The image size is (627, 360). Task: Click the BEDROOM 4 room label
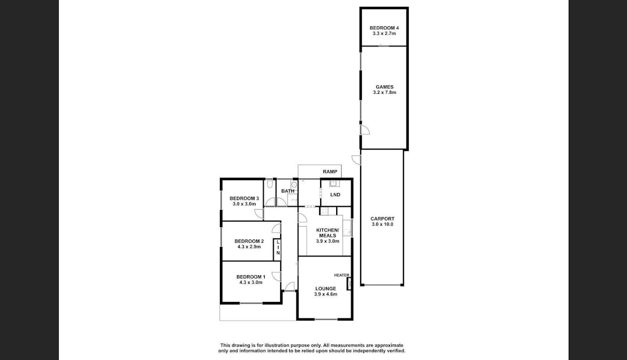[x=384, y=28]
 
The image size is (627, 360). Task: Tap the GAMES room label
[x=384, y=87]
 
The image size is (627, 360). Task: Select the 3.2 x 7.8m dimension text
[x=384, y=92]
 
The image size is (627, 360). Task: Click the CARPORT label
[x=382, y=219]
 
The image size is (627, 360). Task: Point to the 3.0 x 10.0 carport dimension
[x=382, y=224]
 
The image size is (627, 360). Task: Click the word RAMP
[x=330, y=171]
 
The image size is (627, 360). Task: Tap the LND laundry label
[x=335, y=195]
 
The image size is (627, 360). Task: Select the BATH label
[x=288, y=191]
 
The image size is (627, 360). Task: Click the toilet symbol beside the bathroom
[x=270, y=183]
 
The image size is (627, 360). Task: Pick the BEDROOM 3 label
[x=244, y=198]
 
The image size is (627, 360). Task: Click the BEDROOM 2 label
[x=249, y=241]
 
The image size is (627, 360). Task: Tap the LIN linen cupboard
[x=277, y=247]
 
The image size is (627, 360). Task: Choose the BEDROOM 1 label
[x=251, y=276]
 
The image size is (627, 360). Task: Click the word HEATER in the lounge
[x=342, y=275]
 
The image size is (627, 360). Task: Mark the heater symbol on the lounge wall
[x=350, y=283]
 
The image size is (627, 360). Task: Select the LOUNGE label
[x=326, y=289]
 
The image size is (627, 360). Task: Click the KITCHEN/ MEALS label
[x=328, y=233]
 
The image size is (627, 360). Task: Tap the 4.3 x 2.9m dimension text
[x=249, y=246]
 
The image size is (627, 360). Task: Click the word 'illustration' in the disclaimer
[x=284, y=345]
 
